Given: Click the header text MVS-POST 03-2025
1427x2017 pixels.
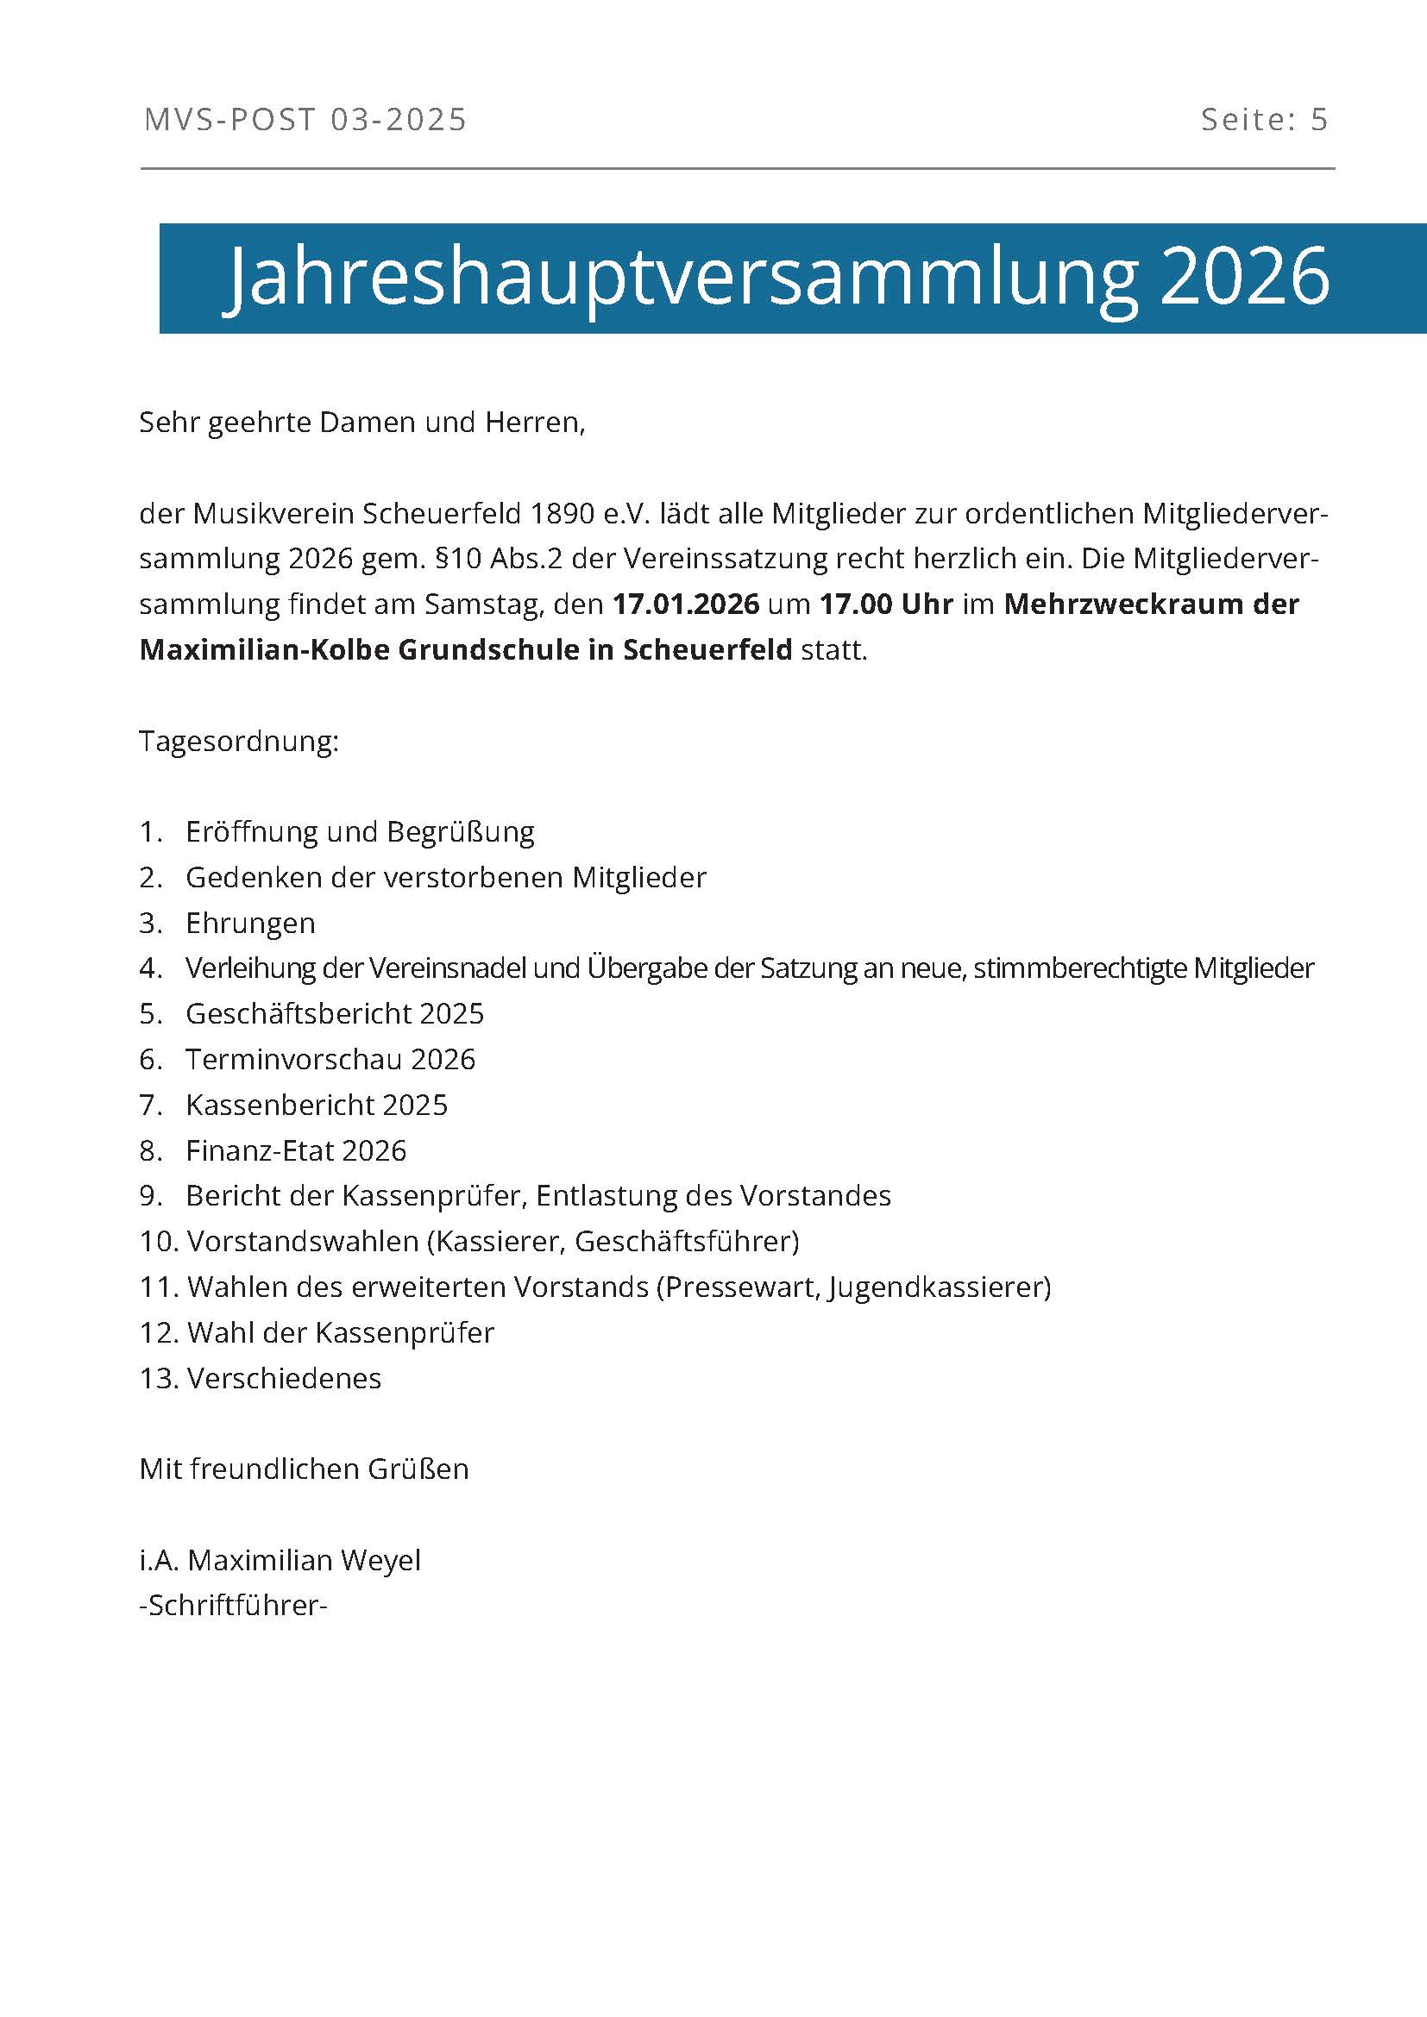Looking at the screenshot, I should point(305,120).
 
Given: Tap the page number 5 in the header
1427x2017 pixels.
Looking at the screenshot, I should point(1319,120).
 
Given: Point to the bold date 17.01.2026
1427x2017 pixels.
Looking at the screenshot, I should point(685,604).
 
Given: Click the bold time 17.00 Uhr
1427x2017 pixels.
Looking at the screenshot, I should point(886,604).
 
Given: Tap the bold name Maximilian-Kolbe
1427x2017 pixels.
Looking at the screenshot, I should point(264,650).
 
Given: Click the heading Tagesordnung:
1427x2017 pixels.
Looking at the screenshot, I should point(239,742).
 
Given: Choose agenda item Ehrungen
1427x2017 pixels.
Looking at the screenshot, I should point(250,924).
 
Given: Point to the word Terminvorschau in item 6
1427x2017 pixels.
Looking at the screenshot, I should point(293,1060).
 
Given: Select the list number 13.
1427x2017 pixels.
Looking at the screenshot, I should point(158,1378).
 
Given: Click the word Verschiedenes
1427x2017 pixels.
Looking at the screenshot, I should point(285,1378).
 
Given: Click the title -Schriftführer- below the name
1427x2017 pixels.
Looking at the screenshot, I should point(234,1606).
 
